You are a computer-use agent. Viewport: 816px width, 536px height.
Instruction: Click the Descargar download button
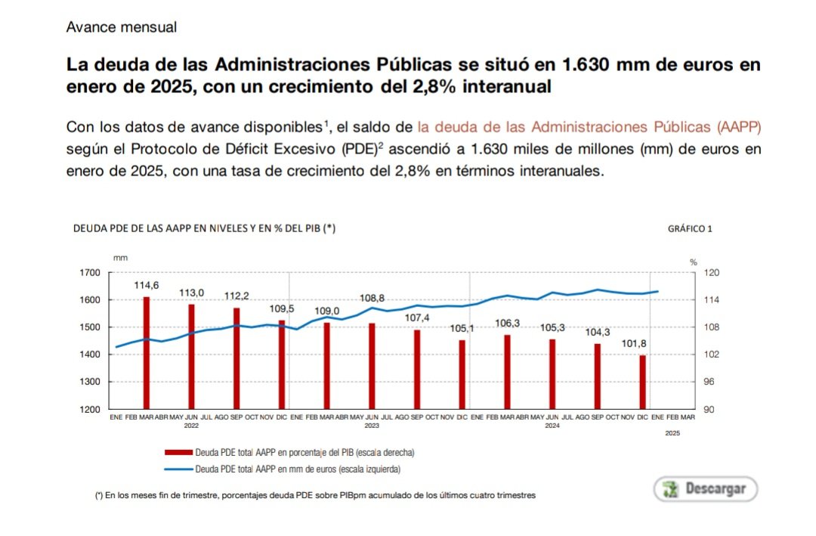(x=705, y=488)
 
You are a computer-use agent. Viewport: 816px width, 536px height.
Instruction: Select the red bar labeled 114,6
(x=146, y=352)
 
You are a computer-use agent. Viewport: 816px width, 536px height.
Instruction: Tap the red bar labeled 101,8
(x=642, y=382)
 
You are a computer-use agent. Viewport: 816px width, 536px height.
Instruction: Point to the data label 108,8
(x=372, y=298)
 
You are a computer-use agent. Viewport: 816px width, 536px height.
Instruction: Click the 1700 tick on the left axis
(x=89, y=273)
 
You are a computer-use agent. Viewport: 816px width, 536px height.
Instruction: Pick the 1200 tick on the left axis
(x=89, y=409)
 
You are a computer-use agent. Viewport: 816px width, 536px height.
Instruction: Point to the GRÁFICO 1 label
(x=690, y=228)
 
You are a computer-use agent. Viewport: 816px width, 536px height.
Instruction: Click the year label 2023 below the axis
(x=371, y=426)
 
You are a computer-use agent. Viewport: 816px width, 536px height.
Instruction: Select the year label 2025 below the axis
(x=672, y=433)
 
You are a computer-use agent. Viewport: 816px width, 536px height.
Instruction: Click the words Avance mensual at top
(x=121, y=27)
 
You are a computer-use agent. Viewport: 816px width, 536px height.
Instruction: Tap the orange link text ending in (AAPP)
(x=589, y=125)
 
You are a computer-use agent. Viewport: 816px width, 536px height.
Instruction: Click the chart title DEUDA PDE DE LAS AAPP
(x=203, y=228)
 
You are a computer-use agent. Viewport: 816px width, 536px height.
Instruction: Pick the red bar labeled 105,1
(x=462, y=374)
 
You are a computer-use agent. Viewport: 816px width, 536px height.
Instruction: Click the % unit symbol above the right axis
(x=694, y=261)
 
